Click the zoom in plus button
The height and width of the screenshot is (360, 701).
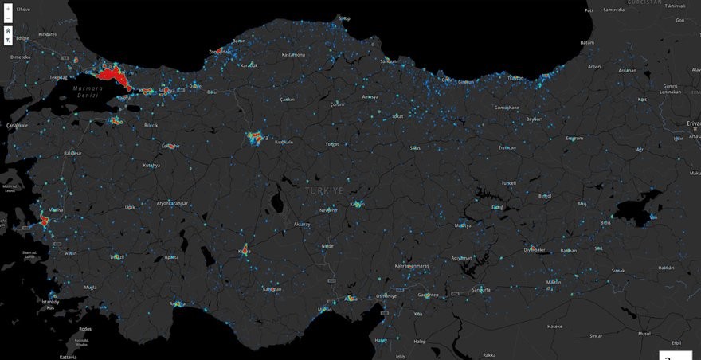pyautogui.click(x=8, y=9)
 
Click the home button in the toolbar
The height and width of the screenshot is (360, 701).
pyautogui.click(x=8, y=30)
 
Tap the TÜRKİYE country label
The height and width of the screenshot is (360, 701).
pyautogui.click(x=324, y=191)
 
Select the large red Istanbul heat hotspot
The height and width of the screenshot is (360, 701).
pyautogui.click(x=111, y=76)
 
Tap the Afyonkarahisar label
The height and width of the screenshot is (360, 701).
pyautogui.click(x=172, y=203)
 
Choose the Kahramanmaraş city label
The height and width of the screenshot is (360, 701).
pyautogui.click(x=412, y=265)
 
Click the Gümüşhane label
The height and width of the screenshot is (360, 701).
pyautogui.click(x=507, y=107)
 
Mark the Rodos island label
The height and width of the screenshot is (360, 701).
pyautogui.click(x=85, y=329)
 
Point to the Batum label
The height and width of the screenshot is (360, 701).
pyautogui.click(x=587, y=42)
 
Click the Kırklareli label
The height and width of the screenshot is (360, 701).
pyautogui.click(x=48, y=34)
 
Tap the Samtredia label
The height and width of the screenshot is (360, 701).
pyautogui.click(x=614, y=10)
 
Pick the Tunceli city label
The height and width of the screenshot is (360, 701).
pyautogui.click(x=508, y=182)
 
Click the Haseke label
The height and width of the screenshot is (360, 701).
pyautogui.click(x=554, y=326)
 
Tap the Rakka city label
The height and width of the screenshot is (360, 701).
pyautogui.click(x=489, y=355)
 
